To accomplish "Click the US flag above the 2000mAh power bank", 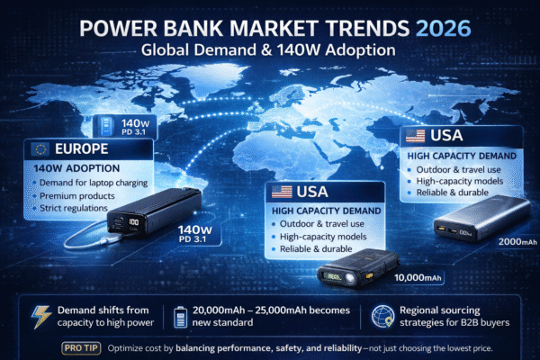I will (415, 137).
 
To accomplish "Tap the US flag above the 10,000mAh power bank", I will (283, 191).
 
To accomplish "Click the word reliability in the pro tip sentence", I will (356, 346).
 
